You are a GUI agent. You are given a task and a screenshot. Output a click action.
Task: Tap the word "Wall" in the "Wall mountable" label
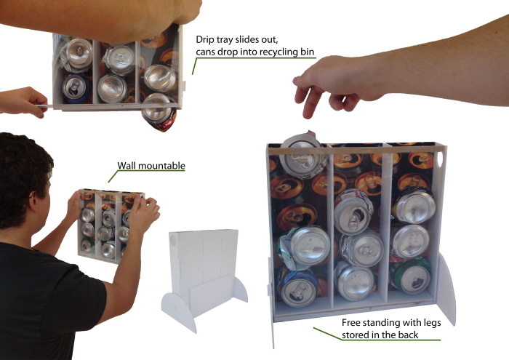[x=128, y=166]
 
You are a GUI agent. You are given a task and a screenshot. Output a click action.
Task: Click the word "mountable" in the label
[x=162, y=166]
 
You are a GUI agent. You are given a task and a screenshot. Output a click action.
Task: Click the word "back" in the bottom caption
[x=426, y=335]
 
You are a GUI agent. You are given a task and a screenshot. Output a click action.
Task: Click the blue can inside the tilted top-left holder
[x=74, y=86]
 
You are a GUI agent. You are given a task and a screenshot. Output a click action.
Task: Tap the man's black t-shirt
[x=44, y=298]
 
